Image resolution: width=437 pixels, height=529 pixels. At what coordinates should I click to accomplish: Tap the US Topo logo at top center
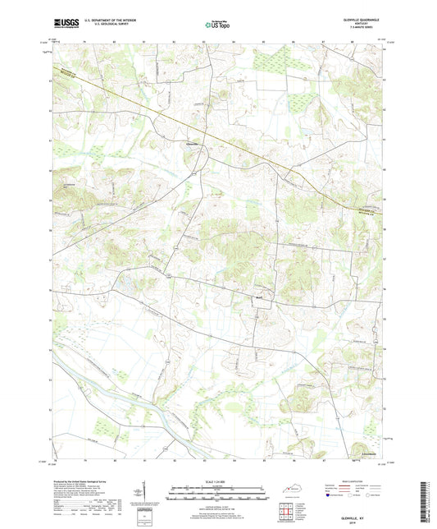[x=216, y=25]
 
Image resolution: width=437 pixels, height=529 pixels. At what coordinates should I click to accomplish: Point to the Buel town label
[x=257, y=299]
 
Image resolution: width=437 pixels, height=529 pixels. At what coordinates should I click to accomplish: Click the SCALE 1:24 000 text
[x=217, y=481]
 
